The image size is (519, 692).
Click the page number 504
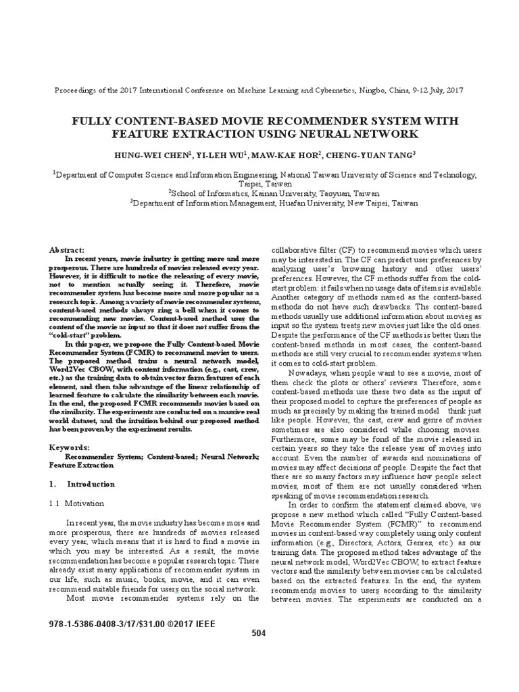[x=258, y=633]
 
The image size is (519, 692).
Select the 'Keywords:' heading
[x=70, y=447]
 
